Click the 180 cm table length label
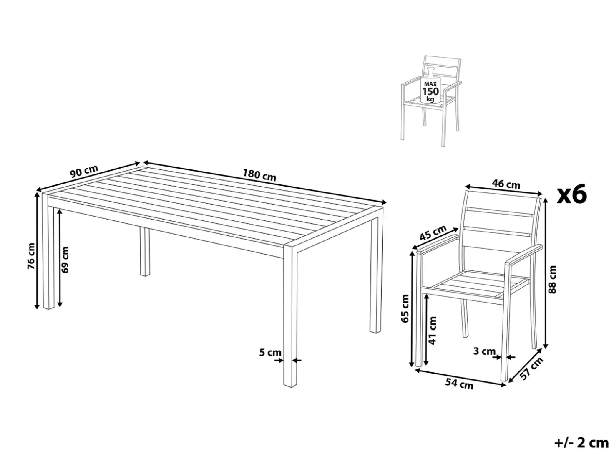click(x=259, y=175)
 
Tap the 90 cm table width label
click(x=84, y=171)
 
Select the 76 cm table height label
click(x=31, y=255)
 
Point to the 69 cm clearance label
click(x=65, y=260)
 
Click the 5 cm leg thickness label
click(x=270, y=352)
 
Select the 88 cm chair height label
click(x=552, y=279)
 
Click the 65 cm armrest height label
click(x=405, y=308)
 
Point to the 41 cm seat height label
click(x=433, y=331)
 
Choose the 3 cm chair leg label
click(x=484, y=351)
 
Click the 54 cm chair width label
click(x=459, y=384)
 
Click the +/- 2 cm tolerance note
click(x=581, y=443)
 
